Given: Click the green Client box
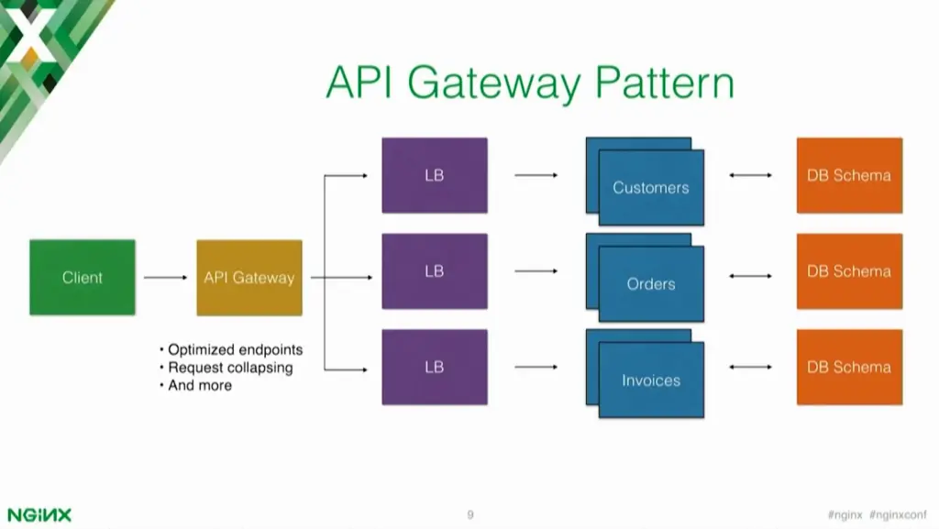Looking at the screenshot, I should click(x=83, y=277).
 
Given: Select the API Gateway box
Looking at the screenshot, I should click(x=249, y=277).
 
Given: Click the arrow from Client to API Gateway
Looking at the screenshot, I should click(x=165, y=277).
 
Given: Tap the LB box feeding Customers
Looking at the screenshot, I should click(x=435, y=175).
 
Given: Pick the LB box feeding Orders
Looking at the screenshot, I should click(x=435, y=271).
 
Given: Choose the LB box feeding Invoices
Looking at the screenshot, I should click(x=435, y=367).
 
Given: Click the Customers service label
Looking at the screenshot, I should click(x=651, y=188).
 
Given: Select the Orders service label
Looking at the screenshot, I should click(x=651, y=284).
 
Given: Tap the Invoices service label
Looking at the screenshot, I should click(x=651, y=380).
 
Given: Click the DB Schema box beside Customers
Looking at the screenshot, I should click(x=849, y=175).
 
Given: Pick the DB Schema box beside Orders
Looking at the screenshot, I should click(x=849, y=271).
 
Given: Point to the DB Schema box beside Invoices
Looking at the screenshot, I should click(x=849, y=367).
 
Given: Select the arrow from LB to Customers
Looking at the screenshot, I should click(x=536, y=175).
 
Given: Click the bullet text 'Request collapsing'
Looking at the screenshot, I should click(x=230, y=368).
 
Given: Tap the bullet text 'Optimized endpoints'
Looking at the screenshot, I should click(x=235, y=350).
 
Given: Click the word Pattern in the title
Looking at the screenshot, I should click(x=664, y=83).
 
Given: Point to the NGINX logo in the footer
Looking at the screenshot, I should click(x=39, y=514).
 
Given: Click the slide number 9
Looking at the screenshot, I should click(x=469, y=515).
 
